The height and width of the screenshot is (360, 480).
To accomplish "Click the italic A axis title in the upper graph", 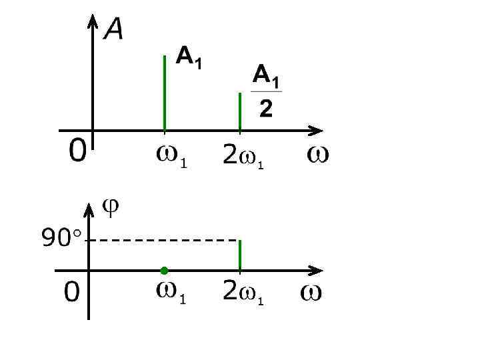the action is (113, 29).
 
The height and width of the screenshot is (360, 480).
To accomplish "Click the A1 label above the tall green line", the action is (189, 58).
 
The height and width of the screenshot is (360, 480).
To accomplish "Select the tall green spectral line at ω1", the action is (164, 93).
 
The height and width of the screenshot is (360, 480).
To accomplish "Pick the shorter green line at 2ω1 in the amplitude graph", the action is (239, 111).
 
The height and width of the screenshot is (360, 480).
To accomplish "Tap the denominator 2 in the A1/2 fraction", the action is (265, 108).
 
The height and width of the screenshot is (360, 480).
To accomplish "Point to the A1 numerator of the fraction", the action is (266, 75).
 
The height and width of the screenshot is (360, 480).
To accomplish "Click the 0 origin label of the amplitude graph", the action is (77, 153).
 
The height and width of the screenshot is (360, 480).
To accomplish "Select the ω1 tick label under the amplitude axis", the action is (171, 157).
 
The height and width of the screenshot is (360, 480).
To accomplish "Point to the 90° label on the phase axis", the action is (61, 237).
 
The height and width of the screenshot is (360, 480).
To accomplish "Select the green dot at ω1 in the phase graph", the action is (164, 270).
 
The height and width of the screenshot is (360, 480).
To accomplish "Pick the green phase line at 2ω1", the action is (239, 255).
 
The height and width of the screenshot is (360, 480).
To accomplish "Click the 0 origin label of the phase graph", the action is (72, 292).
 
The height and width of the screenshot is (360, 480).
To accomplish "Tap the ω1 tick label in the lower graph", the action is (171, 293).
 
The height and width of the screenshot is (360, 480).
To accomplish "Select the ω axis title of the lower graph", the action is (311, 293).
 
